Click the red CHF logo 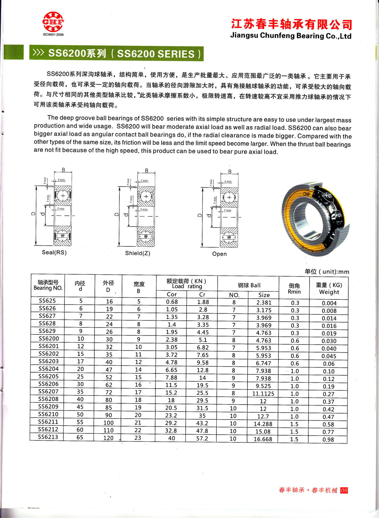coord(53,22)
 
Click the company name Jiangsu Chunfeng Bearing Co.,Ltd coord(291,36)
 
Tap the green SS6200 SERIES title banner coord(116,54)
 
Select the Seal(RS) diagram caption coord(54,252)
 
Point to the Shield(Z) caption coord(138,253)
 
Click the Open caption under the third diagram coord(219,254)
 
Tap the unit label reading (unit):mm coord(327,272)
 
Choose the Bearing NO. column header coord(48,285)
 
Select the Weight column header coord(329,288)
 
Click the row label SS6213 coord(48,437)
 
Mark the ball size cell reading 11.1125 coord(263,394)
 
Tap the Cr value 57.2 coord(202,438)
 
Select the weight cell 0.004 coord(329,303)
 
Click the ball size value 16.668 coord(263,439)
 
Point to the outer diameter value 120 coord(108,438)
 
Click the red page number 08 coord(344,490)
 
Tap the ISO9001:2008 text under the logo coord(53,35)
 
